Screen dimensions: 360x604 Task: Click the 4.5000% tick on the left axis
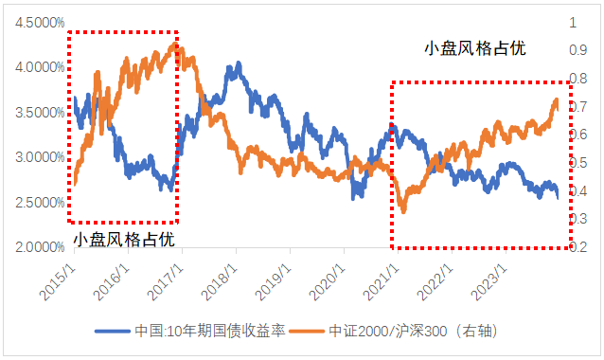tap(36, 23)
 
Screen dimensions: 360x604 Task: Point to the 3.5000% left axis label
tap(36, 113)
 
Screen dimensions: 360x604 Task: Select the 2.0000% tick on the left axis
tap(36, 248)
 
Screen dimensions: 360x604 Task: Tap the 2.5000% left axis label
tap(36, 203)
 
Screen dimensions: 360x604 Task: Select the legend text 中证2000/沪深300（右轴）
tap(404, 332)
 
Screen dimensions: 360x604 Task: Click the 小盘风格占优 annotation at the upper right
tap(473, 47)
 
